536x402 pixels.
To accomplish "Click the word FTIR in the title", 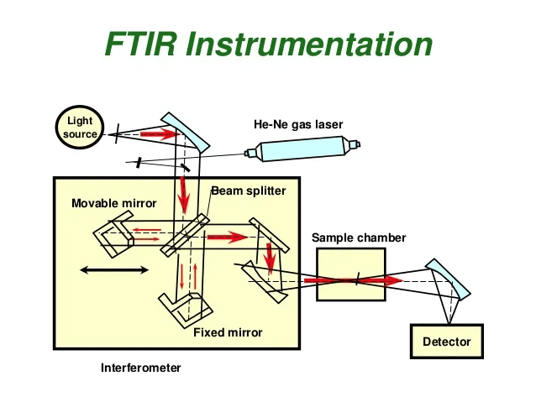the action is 141,44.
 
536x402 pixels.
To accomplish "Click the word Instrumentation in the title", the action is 310,44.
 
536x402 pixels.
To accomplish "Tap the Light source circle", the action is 80,127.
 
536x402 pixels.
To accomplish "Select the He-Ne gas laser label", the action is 298,124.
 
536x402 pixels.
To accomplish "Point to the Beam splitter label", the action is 249,191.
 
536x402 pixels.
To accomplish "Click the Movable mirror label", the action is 113,203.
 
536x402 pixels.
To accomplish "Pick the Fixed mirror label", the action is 228,332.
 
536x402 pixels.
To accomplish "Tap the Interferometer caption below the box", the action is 141,368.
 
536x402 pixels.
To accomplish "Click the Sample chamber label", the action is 359,238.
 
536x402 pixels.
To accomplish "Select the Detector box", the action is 447,342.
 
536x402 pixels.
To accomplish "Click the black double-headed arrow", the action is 114,270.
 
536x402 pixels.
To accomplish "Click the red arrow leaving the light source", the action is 160,134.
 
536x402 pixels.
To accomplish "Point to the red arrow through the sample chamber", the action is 354,281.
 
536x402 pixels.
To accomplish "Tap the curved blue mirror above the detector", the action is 448,279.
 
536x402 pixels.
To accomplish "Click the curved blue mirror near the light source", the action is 186,132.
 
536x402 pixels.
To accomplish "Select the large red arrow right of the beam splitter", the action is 228,237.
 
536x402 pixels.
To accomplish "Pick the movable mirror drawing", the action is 113,233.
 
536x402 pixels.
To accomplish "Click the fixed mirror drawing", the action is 186,309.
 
